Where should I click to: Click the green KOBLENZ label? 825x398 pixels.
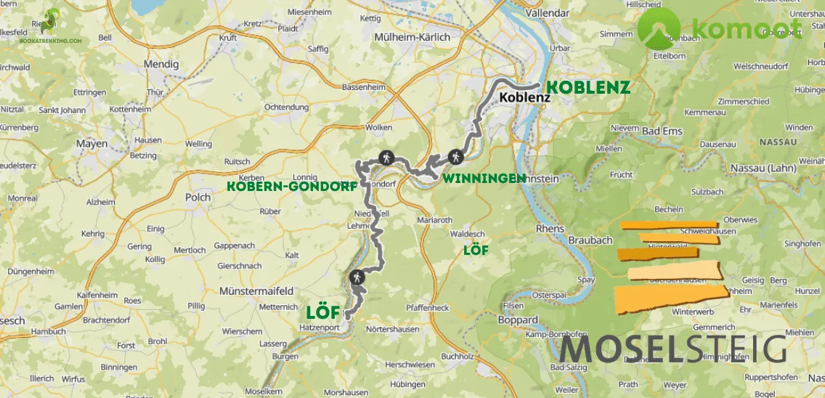(x=587, y=86)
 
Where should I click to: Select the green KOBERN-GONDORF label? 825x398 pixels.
(x=292, y=186)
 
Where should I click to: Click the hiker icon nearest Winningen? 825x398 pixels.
(x=455, y=155)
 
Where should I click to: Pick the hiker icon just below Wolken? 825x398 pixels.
(x=386, y=155)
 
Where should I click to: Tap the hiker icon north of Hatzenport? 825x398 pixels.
(x=357, y=277)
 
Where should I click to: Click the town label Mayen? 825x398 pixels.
(x=92, y=144)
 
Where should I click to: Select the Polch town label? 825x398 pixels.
(x=198, y=197)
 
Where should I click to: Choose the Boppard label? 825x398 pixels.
(x=519, y=320)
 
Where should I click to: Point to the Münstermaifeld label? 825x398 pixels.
(x=255, y=291)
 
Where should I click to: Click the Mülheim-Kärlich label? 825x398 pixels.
(x=412, y=37)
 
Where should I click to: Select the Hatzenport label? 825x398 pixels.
(x=314, y=328)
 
